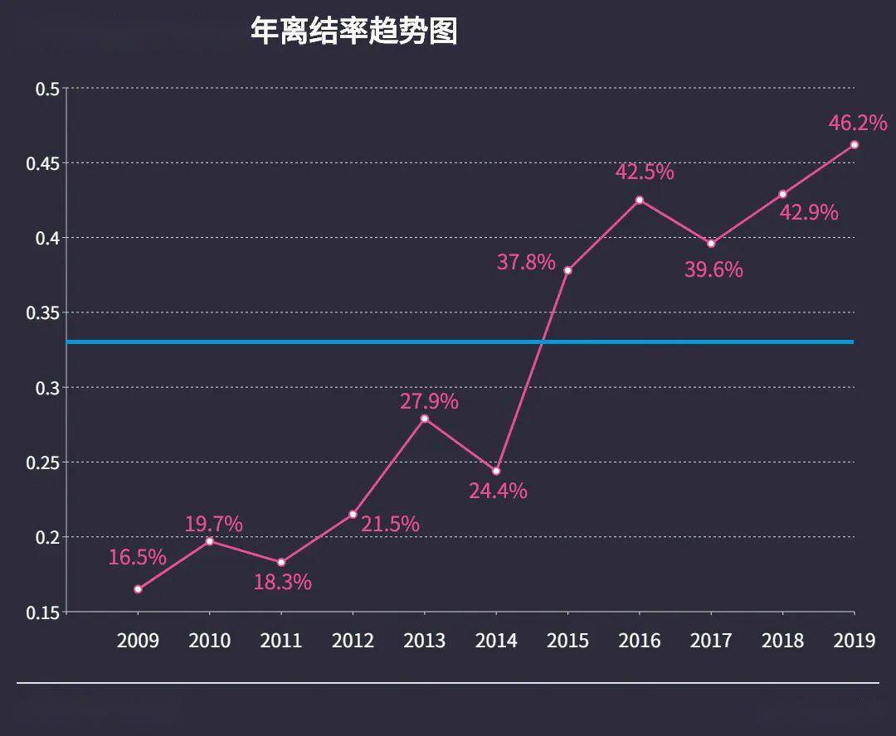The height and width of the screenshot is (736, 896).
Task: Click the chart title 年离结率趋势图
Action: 353,31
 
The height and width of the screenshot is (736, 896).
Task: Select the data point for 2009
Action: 138,589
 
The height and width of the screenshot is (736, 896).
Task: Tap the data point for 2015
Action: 567,270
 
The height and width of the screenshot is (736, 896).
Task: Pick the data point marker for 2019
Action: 855,145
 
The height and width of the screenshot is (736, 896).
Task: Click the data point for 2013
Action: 425,419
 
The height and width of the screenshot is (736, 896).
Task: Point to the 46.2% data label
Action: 858,123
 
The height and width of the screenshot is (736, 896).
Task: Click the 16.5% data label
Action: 138,557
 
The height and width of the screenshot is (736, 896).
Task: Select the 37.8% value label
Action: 526,263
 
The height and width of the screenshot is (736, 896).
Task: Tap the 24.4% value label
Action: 498,491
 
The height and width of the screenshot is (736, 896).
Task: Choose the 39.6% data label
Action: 713,269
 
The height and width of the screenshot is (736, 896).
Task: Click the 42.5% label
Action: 645,172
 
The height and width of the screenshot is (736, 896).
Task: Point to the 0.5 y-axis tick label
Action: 47,89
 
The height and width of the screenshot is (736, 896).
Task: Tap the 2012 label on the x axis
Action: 353,641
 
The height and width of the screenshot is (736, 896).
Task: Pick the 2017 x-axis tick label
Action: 711,641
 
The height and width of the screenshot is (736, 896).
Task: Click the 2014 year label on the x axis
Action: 496,641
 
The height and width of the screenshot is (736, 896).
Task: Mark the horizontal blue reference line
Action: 332,341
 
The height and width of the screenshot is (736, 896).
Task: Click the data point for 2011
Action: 281,563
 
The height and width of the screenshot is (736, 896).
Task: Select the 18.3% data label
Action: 283,582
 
